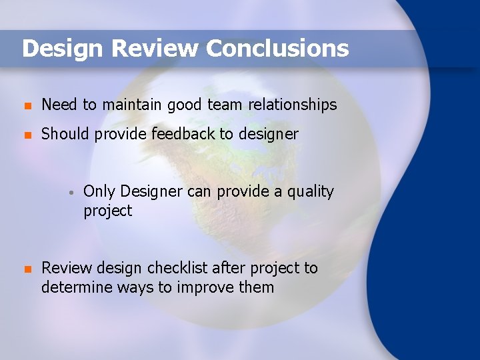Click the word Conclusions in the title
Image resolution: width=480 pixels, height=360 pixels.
(277, 49)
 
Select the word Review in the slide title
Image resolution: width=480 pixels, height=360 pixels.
(155, 49)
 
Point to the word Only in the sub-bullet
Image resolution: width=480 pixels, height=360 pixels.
(99, 192)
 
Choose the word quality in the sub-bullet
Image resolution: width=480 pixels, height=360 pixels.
(310, 192)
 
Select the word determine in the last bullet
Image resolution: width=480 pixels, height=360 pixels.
(74, 287)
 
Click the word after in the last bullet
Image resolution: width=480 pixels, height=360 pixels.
(227, 268)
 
